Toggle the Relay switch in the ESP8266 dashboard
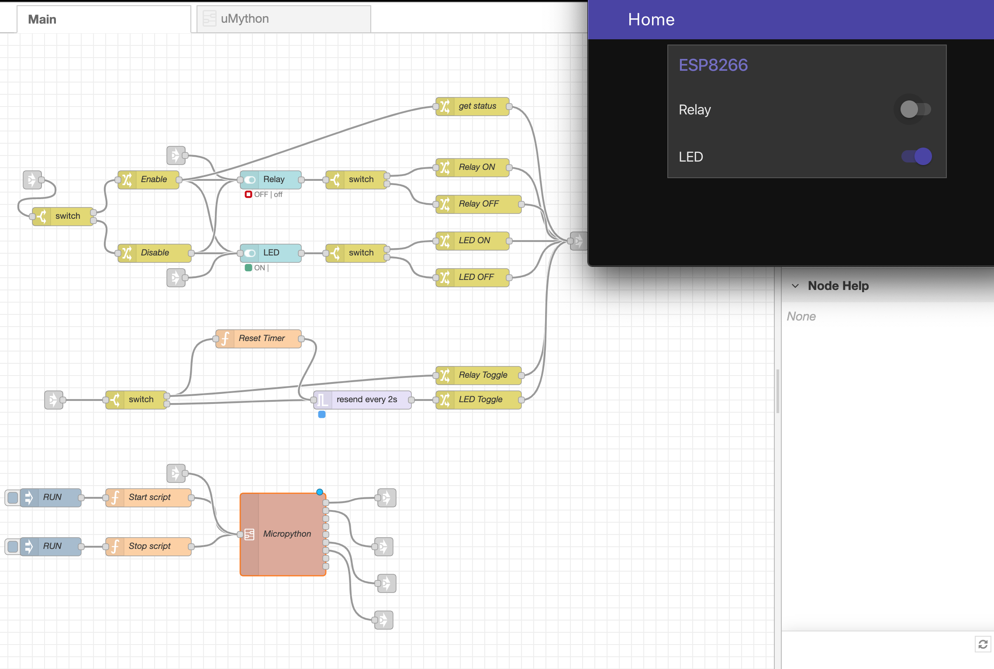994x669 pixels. [x=915, y=109]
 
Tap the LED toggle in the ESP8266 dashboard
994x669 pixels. [x=917, y=156]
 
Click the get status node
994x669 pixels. [x=476, y=106]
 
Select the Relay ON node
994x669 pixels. [x=476, y=167]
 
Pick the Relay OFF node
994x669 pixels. [x=478, y=204]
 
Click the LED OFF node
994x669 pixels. [x=476, y=277]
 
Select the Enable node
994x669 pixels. [x=153, y=179]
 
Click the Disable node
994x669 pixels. [x=155, y=253]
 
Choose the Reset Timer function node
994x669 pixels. [x=261, y=338]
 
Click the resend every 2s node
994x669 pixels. [x=366, y=400]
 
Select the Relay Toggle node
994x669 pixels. [x=482, y=375]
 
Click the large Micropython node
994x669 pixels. [x=286, y=534]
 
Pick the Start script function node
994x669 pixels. [x=149, y=497]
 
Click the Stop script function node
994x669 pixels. [x=149, y=546]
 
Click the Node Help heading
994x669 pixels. [x=838, y=286]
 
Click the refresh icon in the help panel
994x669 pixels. [x=983, y=644]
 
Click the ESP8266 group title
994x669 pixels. [x=713, y=65]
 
